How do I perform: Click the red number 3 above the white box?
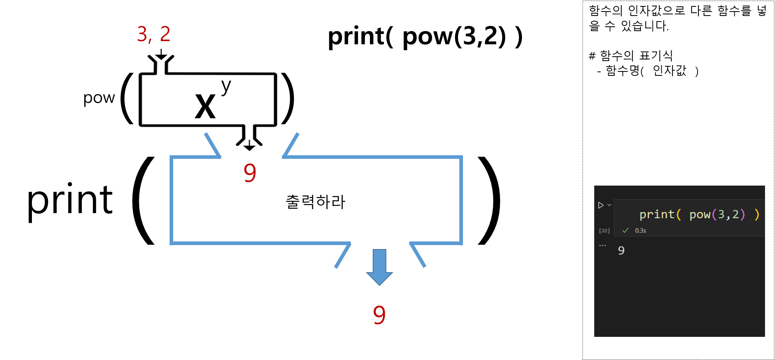click(142, 34)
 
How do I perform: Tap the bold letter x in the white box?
click(205, 107)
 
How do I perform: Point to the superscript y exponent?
click(226, 86)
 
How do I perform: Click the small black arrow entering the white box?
click(161, 55)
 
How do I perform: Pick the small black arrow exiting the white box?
click(249, 146)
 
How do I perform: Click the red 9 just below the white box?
click(250, 173)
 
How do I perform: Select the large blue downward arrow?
click(379, 267)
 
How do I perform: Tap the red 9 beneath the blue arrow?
click(379, 315)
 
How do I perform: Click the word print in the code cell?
click(656, 215)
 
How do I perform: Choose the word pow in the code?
click(700, 215)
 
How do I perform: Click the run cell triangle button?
click(601, 205)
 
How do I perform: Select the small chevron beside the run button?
click(609, 205)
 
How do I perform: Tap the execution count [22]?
click(604, 231)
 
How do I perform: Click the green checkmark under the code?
click(625, 230)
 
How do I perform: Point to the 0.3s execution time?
click(641, 231)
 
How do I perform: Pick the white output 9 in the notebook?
click(621, 251)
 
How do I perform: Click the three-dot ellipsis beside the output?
click(603, 245)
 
